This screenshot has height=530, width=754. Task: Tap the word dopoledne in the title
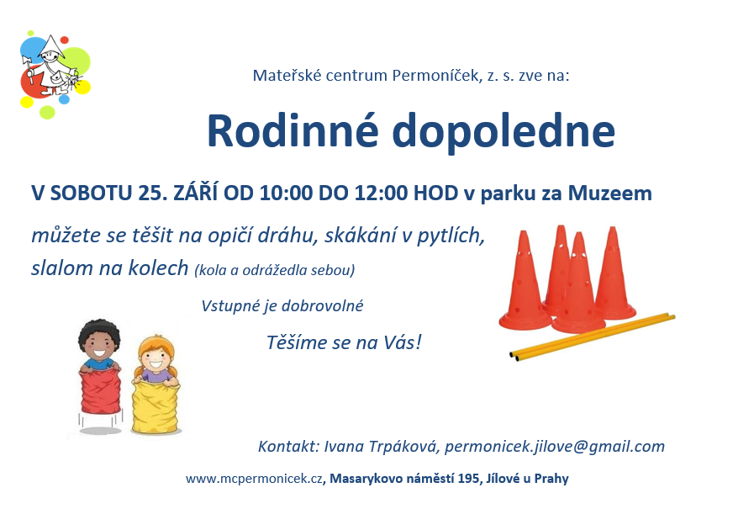coord(504,131)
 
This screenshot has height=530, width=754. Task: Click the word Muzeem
coord(609,193)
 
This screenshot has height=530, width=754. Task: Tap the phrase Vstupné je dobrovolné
coord(282,306)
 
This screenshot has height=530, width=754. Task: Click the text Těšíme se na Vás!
coord(345,342)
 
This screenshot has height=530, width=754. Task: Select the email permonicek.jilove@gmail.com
coord(555,447)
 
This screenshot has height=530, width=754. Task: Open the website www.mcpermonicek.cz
coord(254,479)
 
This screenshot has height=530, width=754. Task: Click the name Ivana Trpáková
coord(382,447)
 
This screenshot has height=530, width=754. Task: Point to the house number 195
coord(469,479)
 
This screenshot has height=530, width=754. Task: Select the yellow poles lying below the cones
coord(593,337)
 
